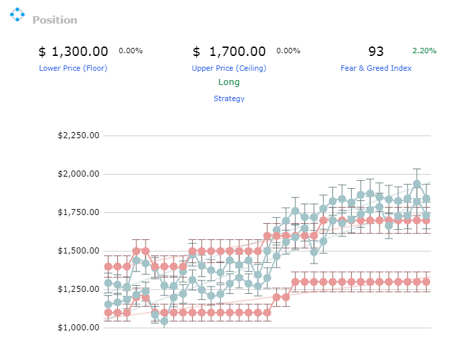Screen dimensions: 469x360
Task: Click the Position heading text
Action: (x=55, y=20)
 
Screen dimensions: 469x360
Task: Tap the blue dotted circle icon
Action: (x=18, y=14)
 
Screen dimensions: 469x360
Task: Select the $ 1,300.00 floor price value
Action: (x=73, y=51)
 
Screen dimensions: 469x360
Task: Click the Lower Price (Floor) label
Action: (x=73, y=68)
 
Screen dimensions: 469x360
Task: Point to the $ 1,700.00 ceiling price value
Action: (x=229, y=51)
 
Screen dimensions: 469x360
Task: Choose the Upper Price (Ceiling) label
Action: (x=229, y=68)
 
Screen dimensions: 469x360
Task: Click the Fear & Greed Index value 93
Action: (x=376, y=51)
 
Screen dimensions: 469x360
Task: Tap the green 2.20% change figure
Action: (x=424, y=51)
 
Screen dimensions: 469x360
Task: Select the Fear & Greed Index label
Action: (x=376, y=68)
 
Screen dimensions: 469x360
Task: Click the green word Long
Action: (x=229, y=82)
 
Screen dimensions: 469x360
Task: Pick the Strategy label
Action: (x=229, y=98)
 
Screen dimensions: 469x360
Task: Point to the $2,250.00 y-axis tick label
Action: (x=78, y=136)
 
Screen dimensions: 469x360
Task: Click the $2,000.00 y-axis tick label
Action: (x=78, y=174)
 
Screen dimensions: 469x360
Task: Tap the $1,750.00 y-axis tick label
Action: (x=78, y=212)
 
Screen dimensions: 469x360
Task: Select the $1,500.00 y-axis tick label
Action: (x=78, y=251)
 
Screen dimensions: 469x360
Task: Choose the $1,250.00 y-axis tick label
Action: (x=78, y=289)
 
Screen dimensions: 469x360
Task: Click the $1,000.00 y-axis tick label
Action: (x=78, y=328)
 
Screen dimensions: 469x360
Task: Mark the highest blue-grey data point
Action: (x=416, y=184)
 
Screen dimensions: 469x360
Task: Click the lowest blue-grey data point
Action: (x=164, y=321)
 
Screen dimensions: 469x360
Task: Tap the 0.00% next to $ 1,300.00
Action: (x=131, y=51)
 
